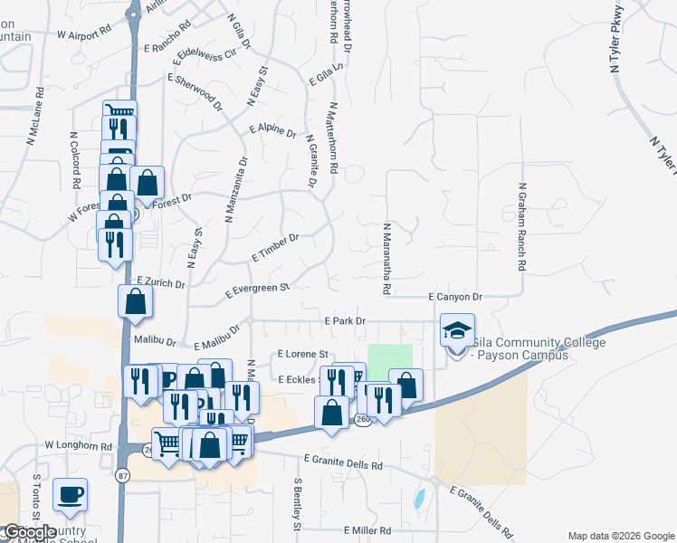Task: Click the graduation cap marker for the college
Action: [x=457, y=330]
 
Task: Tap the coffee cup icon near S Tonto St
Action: [x=71, y=494]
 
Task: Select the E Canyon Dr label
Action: [x=455, y=297]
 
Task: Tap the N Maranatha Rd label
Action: [x=386, y=259]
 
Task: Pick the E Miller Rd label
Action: [x=367, y=530]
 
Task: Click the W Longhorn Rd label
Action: [x=77, y=446]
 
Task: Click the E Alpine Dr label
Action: [x=272, y=131]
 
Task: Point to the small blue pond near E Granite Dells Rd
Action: [x=419, y=497]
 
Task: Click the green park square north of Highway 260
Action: [x=389, y=357]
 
